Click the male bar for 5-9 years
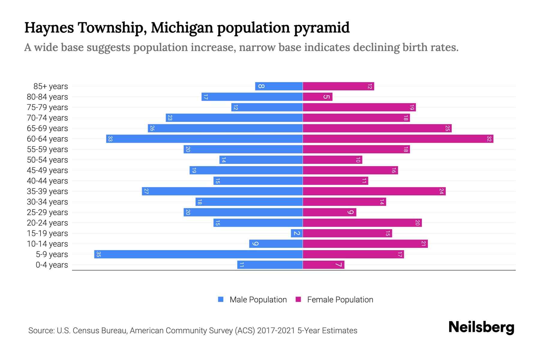click(x=198, y=254)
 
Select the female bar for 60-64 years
click(x=398, y=139)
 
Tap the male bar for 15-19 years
click(x=296, y=233)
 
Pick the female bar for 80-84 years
click(x=317, y=97)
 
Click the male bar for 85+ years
click(x=279, y=86)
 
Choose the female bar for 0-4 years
click(x=323, y=265)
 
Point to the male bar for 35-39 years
click(x=222, y=191)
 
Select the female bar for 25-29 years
click(x=329, y=212)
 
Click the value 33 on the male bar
click(x=110, y=139)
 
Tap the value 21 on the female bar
click(x=423, y=244)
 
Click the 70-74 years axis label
click(x=47, y=118)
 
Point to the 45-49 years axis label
click(x=47, y=170)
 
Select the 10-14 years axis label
click(x=47, y=244)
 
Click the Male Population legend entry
click(x=258, y=300)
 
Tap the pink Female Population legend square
click(x=298, y=299)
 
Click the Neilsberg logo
click(x=481, y=327)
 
